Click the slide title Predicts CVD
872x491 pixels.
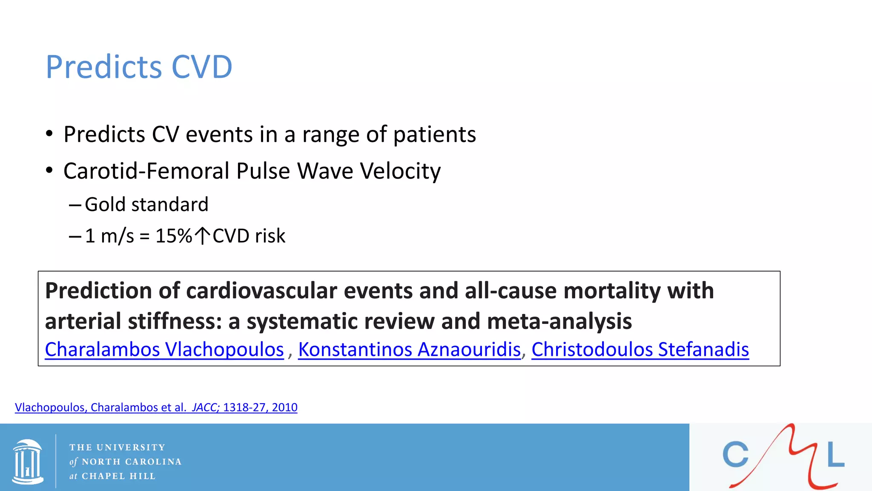139,67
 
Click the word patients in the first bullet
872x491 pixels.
434,135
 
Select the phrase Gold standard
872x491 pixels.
146,205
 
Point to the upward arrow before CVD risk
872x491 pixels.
202,236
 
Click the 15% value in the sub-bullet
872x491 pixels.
174,236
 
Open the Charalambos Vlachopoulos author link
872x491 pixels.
164,349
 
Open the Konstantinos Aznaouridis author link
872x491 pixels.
409,349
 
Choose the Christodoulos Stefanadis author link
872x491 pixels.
640,349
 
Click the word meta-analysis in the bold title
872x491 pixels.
559,321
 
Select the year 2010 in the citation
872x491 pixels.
284,407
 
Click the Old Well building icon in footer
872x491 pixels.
28,462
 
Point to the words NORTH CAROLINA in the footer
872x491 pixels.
132,462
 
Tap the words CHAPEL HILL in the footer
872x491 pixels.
118,476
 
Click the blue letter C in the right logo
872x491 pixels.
735,455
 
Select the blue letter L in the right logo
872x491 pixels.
835,455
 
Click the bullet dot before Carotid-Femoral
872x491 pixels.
49,171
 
